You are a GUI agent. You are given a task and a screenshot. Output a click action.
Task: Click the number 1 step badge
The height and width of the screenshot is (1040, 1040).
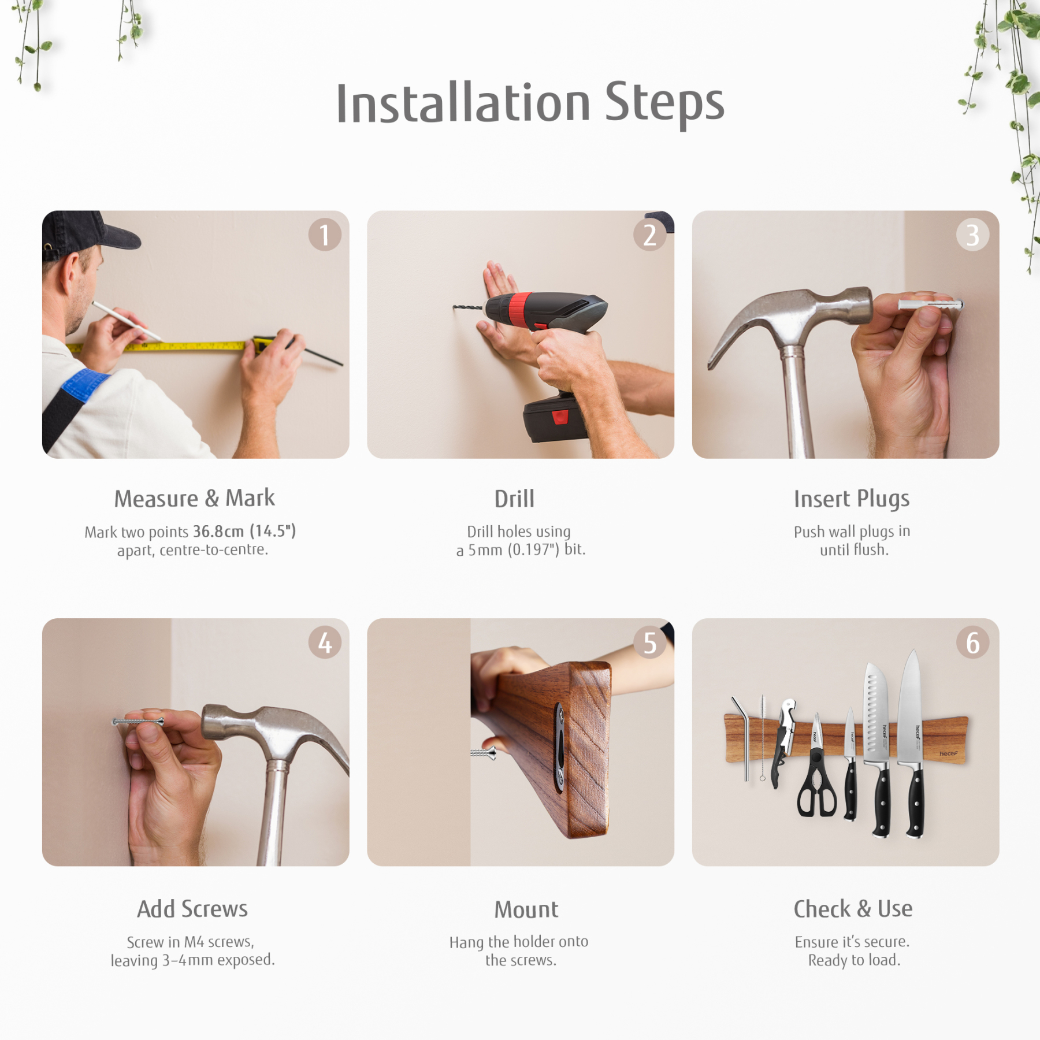325,235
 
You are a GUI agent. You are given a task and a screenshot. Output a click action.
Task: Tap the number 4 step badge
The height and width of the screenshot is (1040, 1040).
325,642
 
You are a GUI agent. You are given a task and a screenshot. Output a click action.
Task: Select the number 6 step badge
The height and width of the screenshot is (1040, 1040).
973,642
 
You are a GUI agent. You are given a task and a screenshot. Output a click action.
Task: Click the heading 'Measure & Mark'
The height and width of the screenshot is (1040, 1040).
195,498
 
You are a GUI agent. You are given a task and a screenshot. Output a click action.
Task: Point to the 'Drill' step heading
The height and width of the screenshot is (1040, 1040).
514,499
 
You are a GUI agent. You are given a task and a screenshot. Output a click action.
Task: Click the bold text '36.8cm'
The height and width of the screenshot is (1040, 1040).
218,530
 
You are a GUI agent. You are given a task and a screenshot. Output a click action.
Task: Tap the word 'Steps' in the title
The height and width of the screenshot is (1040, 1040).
664,103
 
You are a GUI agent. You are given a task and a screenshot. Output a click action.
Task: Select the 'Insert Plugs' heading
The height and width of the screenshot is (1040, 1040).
852,499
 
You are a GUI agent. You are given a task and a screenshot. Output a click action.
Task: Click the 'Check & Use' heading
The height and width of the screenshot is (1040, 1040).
853,909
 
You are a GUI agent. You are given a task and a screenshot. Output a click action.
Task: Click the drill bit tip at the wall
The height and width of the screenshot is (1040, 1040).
455,307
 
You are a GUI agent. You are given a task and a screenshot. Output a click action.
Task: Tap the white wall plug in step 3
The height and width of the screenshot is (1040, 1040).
930,304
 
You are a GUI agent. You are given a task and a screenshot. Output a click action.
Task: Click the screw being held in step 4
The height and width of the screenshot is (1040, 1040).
138,722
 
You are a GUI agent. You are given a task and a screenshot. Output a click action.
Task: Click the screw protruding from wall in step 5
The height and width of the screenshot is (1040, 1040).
483,752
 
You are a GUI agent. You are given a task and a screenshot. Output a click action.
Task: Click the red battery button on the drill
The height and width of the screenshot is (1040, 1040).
560,417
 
